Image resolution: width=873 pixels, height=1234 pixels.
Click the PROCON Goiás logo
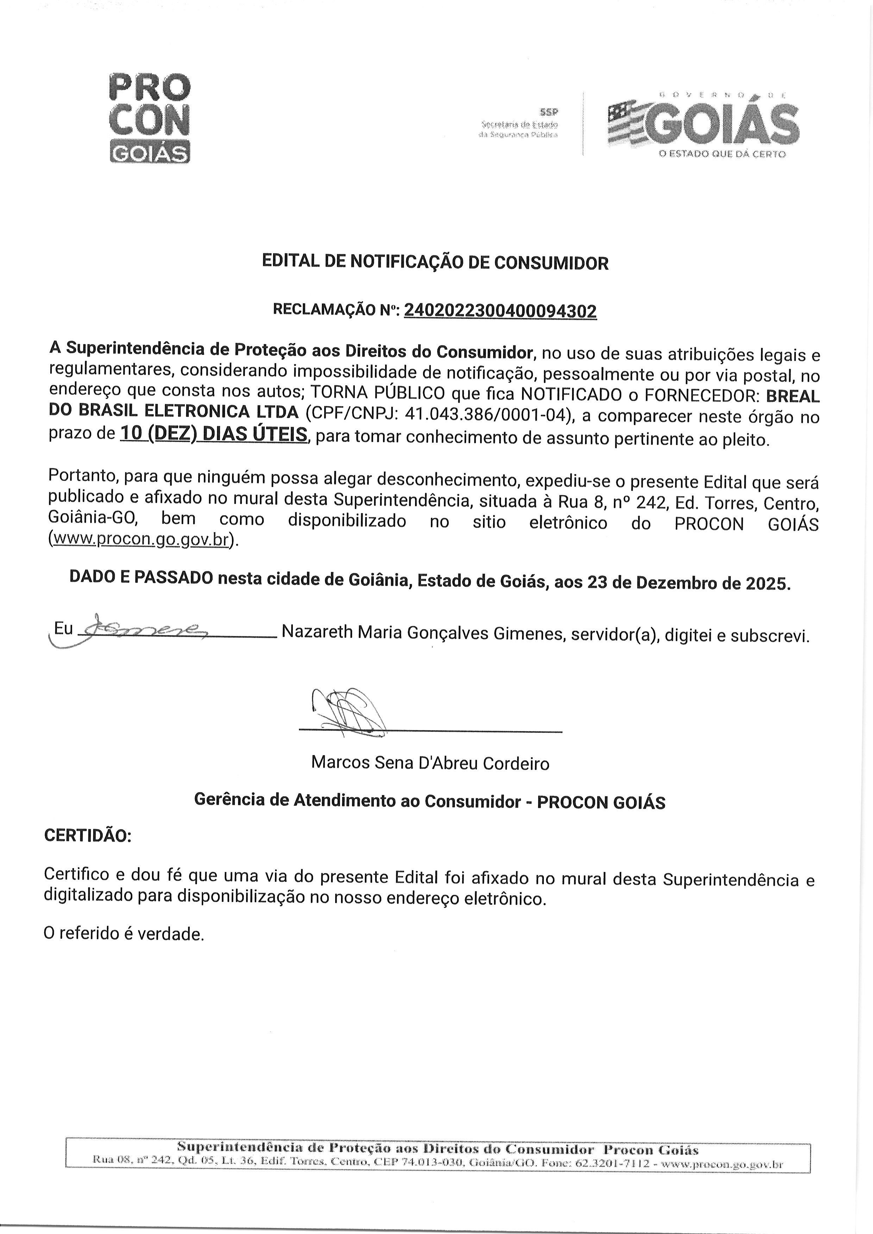[x=150, y=117]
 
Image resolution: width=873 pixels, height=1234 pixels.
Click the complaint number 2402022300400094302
[x=500, y=311]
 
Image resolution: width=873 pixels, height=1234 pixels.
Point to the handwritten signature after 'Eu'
[x=143, y=627]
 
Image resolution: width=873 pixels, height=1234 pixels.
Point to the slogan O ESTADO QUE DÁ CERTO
[x=722, y=154]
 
